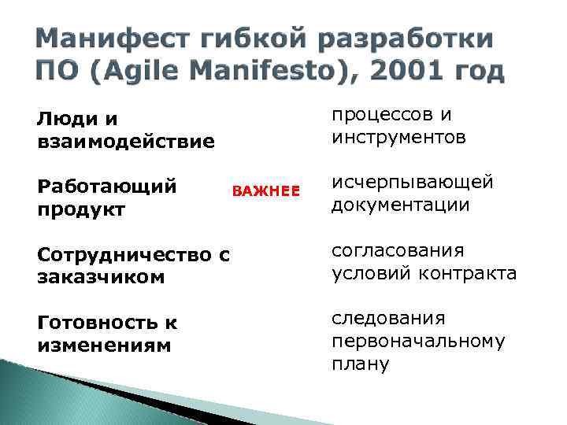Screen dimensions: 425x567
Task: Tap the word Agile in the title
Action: (154, 72)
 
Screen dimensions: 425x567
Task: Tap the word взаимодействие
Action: (125, 142)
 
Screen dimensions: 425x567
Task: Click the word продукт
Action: (80, 209)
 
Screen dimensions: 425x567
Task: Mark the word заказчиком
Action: (101, 277)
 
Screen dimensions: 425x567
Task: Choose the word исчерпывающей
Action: (413, 183)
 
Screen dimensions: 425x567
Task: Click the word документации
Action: (400, 205)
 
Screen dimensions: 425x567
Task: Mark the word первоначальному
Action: (417, 342)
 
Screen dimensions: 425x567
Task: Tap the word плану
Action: (360, 364)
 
